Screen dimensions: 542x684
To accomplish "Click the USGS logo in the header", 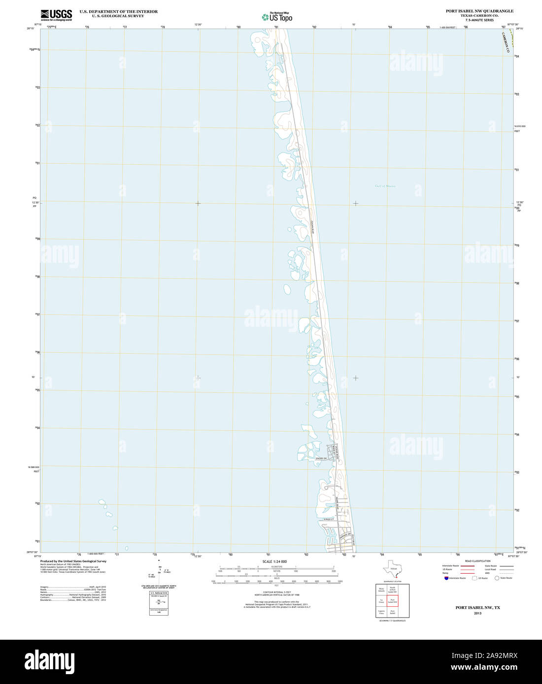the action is pos(56,14).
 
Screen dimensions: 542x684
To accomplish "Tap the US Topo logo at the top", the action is pos(277,17).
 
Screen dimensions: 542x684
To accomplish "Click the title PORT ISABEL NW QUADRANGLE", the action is pos(479,11).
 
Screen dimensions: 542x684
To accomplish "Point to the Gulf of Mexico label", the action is pos(385,186).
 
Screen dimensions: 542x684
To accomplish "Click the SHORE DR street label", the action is pos(321,459).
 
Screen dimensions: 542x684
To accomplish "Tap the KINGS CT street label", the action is pos(329,520).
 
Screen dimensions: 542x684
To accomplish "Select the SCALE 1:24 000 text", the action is pos(274,561).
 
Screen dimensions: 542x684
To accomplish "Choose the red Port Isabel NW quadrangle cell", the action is pos(392,601).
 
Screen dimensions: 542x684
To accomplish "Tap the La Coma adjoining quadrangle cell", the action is pos(381,601).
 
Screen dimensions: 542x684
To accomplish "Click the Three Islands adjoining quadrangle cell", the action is pos(381,590).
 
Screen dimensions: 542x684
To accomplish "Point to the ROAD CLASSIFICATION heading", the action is pos(478,561).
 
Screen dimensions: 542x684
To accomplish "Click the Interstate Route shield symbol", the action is pos(446,578).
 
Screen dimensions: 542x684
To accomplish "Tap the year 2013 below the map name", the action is pos(477,613).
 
